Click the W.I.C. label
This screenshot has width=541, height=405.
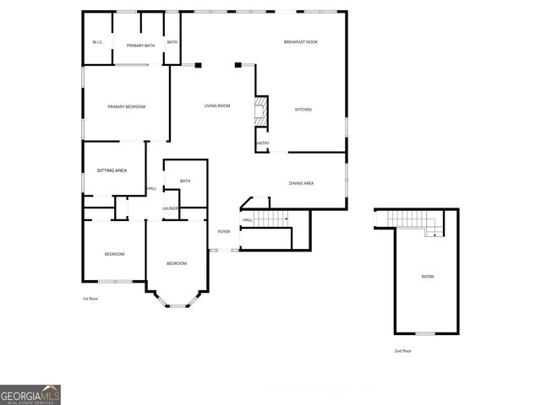pos(97,43)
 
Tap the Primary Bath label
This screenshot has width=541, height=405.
pos(140,46)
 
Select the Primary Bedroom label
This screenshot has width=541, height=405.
pos(126,107)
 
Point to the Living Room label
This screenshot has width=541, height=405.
pos(217,106)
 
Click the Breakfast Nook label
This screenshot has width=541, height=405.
pos(300,42)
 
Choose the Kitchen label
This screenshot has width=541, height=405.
pos(303,111)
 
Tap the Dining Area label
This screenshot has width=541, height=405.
pos(302,183)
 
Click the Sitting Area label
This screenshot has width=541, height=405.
pos(112,170)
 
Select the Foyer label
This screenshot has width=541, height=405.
pos(224,231)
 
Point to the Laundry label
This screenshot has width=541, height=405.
pos(171,208)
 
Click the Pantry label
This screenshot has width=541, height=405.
pos(262,143)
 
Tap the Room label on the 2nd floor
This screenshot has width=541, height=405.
pos(428,277)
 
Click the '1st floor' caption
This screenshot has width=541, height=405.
pos(90,299)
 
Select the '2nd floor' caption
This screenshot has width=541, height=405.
pos(403,350)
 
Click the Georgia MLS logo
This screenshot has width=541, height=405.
pos(30,395)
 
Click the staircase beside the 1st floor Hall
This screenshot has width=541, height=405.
pos(272,219)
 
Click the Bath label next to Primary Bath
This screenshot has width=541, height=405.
pos(172,43)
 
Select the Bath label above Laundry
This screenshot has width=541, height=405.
pos(185,181)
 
